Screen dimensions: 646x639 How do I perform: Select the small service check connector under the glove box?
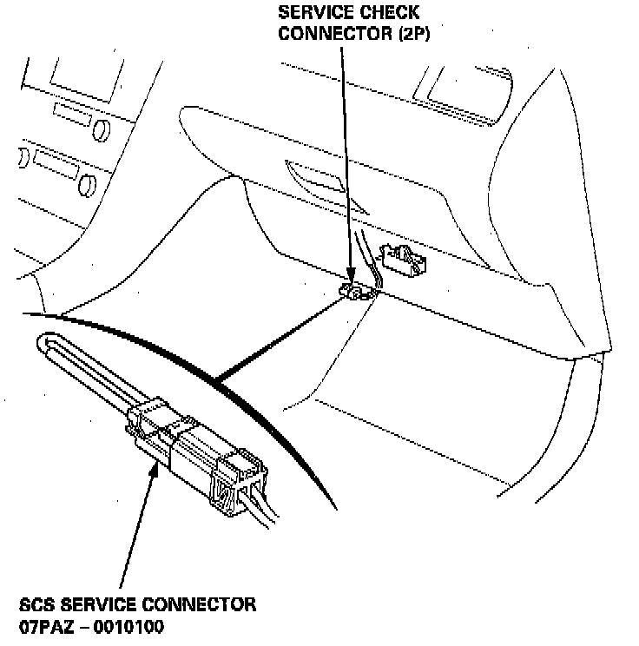point(357,291)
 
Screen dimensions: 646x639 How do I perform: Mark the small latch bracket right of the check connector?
point(403,258)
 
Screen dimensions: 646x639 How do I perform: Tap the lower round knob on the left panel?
point(86,183)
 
